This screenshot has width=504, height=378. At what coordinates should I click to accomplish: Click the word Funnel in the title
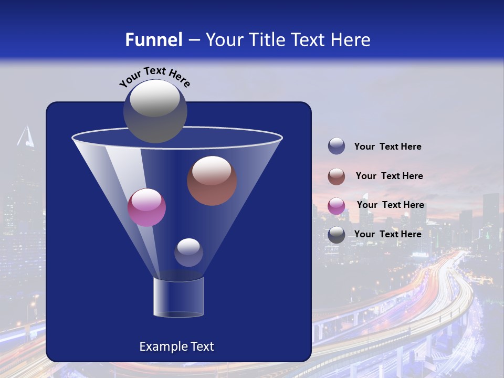point(153,40)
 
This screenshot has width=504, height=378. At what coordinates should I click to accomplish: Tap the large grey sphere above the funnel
point(155,111)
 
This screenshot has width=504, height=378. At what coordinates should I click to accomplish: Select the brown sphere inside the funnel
point(212,181)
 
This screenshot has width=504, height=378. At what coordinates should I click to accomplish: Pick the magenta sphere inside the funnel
point(146,207)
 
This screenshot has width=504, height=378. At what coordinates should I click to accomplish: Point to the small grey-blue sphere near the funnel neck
point(188,253)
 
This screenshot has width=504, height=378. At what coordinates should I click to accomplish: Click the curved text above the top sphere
point(154,75)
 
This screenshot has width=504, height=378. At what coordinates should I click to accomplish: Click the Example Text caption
point(176,346)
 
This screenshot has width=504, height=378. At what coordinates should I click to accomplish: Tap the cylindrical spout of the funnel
point(178,297)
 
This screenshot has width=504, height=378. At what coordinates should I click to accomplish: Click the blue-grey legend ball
point(337,146)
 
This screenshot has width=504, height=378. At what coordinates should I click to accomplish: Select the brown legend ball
point(337,176)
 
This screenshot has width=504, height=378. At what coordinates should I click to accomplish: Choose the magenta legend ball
point(337,206)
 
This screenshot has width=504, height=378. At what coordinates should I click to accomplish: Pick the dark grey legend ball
point(337,235)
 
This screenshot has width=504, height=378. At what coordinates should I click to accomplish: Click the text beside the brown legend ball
point(389,176)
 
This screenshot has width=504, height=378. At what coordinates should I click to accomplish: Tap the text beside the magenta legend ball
point(390,205)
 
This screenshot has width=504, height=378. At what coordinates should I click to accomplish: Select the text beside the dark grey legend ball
point(387,234)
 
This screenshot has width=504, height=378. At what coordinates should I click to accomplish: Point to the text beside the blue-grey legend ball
point(387,146)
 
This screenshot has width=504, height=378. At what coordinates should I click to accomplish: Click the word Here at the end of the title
point(351,40)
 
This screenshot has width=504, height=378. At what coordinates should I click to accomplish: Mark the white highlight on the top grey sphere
point(154,98)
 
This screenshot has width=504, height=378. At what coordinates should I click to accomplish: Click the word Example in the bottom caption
point(159,346)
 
